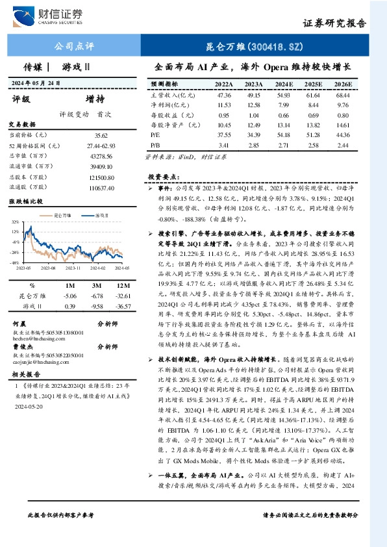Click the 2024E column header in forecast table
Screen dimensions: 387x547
[283, 84]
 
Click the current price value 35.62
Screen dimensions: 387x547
[101, 135]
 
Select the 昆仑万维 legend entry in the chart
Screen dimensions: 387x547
[62, 214]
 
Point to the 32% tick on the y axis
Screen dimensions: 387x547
[14, 222]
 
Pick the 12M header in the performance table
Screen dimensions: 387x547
[119, 285]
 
